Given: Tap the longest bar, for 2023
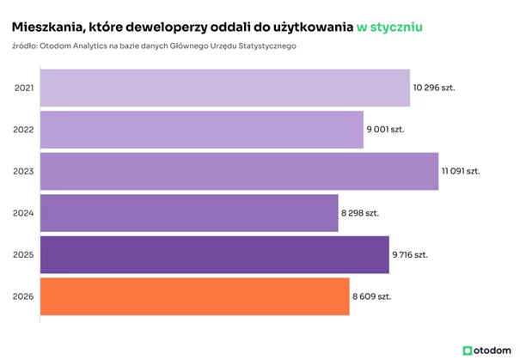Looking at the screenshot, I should [x=240, y=171].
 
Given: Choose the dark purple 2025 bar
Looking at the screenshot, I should [x=215, y=254].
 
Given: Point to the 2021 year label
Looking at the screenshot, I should [x=24, y=88].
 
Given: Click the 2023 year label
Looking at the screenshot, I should [x=24, y=171].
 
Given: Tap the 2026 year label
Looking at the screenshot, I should [x=24, y=296].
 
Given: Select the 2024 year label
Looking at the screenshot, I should [x=24, y=213].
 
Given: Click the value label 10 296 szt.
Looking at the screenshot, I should [x=434, y=88].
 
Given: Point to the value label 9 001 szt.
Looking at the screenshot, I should [x=386, y=130].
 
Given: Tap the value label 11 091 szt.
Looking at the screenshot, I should [x=461, y=171].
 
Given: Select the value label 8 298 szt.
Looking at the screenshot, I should [x=361, y=213].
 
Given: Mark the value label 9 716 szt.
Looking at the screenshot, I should [x=412, y=255].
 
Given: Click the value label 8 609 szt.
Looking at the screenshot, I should [x=372, y=296].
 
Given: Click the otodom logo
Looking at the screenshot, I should [x=487, y=350].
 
